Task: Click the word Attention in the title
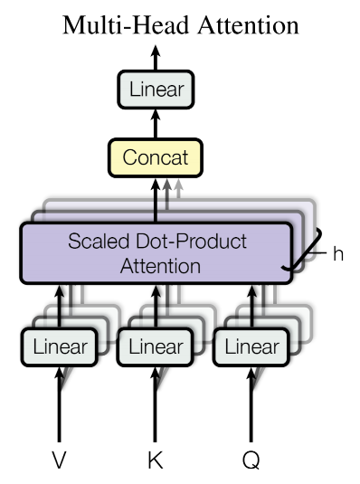click(x=249, y=25)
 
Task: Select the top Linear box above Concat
click(x=156, y=90)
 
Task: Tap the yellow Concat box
click(x=156, y=157)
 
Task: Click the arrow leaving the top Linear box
click(x=156, y=58)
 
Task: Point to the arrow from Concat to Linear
click(x=156, y=124)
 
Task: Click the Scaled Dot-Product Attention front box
click(x=156, y=252)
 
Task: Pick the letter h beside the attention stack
click(x=338, y=253)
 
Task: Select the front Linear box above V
click(x=60, y=347)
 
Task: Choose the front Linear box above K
click(x=156, y=347)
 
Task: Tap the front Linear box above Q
click(x=251, y=347)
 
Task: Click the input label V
click(x=59, y=460)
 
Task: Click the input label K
click(x=156, y=460)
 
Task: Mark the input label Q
click(x=251, y=460)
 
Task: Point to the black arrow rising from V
click(x=59, y=404)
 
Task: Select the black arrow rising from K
click(x=156, y=404)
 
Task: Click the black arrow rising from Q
click(x=251, y=404)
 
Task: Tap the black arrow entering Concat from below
click(x=156, y=200)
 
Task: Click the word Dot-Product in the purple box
click(x=191, y=241)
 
